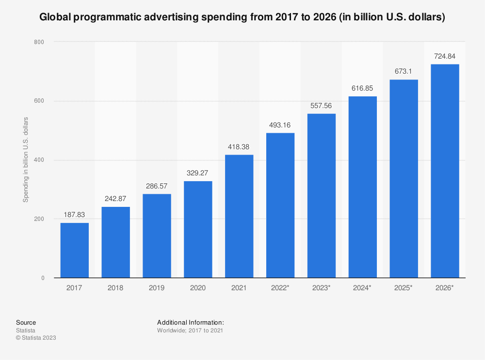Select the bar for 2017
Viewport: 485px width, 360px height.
click(75, 250)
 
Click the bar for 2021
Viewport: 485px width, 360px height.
click(239, 216)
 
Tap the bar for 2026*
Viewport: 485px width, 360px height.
click(445, 171)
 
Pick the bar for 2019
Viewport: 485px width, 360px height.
click(157, 236)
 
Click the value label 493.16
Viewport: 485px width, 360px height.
click(280, 125)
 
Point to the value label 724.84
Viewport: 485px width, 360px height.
click(445, 56)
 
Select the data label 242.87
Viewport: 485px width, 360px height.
click(115, 199)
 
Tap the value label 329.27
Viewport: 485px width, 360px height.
click(198, 173)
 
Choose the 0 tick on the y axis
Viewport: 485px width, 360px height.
click(43, 278)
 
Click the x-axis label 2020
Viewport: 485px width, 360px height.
click(198, 288)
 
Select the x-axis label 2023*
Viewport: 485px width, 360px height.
click(321, 288)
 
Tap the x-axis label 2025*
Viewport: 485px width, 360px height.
click(404, 288)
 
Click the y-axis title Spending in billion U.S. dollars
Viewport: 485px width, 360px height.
click(26, 160)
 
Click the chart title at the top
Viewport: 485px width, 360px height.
click(242, 17)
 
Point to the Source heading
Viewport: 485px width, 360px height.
click(26, 322)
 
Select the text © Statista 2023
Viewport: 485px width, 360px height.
click(36, 338)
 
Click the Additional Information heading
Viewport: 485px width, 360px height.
click(191, 322)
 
